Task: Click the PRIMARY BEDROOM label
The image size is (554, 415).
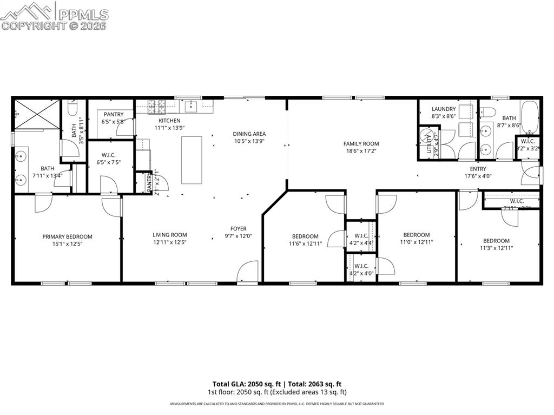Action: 67,236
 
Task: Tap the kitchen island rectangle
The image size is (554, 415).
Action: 192,160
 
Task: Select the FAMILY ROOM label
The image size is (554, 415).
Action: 361,143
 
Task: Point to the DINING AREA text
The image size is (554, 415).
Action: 249,134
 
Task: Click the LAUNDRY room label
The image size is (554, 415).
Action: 443,109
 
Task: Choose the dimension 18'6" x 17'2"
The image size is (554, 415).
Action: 361,151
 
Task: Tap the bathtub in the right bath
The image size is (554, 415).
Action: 530,117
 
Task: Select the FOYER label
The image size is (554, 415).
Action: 238,228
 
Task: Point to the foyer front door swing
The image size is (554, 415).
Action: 249,272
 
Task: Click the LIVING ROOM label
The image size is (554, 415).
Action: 169,235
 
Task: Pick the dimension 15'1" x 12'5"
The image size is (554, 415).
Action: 67,244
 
